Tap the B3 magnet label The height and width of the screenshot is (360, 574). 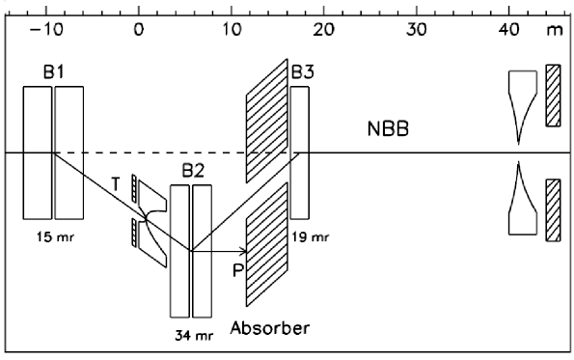coord(304,71)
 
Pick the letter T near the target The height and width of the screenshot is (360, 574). coord(116,182)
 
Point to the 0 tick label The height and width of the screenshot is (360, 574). coord(139,29)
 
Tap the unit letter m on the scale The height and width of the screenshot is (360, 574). coord(554,30)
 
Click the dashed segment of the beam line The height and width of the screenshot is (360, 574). coord(174,153)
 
